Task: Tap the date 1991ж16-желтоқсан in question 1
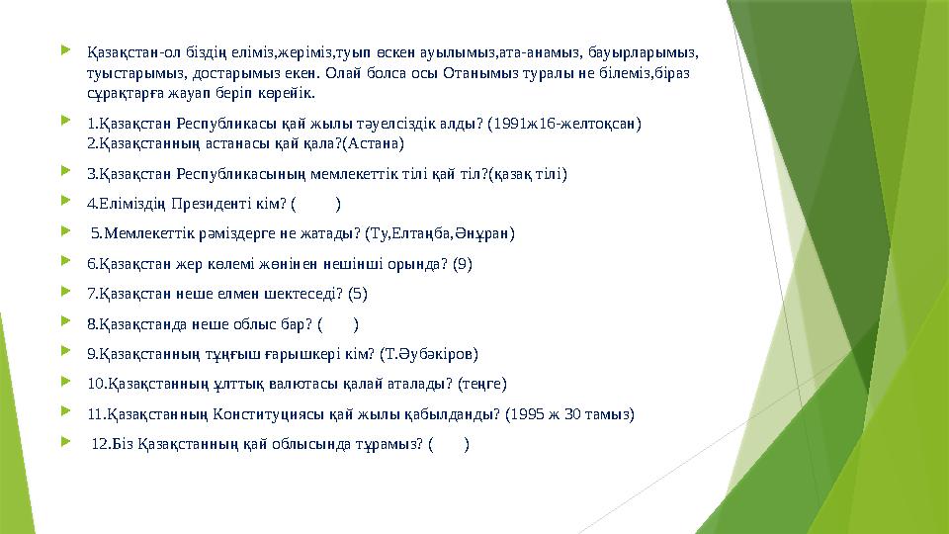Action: tap(573, 124)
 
